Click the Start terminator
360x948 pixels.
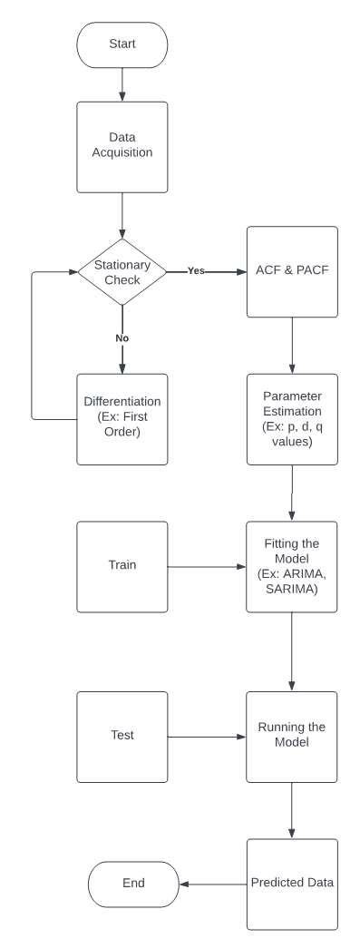click(x=122, y=44)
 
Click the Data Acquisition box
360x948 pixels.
click(x=122, y=146)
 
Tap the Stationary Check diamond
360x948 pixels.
click(x=122, y=270)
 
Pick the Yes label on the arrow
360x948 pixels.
click(x=196, y=270)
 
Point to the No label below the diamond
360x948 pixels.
click(x=122, y=337)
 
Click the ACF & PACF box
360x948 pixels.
click(x=291, y=270)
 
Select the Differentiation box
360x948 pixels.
click(x=122, y=419)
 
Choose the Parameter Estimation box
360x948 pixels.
click(x=291, y=419)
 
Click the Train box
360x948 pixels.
click(x=122, y=566)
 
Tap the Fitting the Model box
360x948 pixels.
click(x=291, y=566)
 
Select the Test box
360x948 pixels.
click(x=122, y=736)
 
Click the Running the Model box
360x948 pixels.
click(x=291, y=736)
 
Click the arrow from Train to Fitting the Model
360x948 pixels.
click(x=207, y=567)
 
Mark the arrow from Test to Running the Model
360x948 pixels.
click(x=207, y=737)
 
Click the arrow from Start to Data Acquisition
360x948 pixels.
click(x=122, y=84)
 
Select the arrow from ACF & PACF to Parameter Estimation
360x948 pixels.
click(x=291, y=346)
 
